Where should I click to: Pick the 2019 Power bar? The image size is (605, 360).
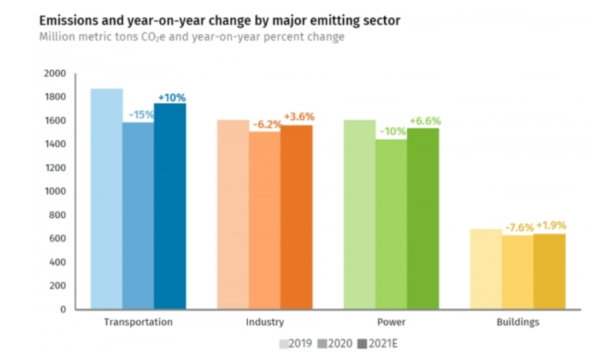359,214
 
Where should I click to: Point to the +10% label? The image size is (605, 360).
171,98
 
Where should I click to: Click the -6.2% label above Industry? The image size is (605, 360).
265,125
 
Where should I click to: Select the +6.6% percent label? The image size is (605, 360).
425,121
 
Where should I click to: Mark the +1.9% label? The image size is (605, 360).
550,225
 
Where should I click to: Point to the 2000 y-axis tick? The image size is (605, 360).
55,73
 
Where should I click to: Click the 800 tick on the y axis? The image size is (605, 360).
58,214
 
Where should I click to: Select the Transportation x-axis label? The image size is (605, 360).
138,322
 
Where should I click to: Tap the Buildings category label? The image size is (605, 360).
518,322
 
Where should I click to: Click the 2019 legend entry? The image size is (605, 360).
297,344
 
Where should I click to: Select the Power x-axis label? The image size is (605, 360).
391,322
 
